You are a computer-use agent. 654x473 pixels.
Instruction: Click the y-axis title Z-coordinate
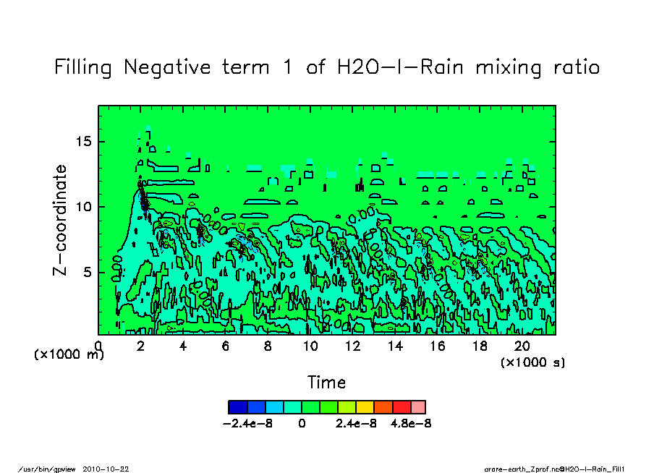(60, 220)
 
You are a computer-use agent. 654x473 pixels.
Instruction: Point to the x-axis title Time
(326, 383)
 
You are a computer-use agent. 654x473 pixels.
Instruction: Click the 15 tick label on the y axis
(84, 142)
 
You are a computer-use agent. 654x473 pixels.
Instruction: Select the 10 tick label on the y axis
(84, 207)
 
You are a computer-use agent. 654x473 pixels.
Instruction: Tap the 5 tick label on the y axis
(88, 272)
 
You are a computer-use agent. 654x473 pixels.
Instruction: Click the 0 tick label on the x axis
(98, 346)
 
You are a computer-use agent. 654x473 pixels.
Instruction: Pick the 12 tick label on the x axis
(353, 346)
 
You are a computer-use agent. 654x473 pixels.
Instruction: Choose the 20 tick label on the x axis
(522, 346)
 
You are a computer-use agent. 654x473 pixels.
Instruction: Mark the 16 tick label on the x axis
(438, 346)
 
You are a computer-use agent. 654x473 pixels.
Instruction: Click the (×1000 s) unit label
(532, 362)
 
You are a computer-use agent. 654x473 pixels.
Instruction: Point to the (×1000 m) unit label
(69, 355)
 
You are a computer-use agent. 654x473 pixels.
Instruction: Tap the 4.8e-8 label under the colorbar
(411, 424)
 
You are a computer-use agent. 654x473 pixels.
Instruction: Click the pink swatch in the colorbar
(417, 406)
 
